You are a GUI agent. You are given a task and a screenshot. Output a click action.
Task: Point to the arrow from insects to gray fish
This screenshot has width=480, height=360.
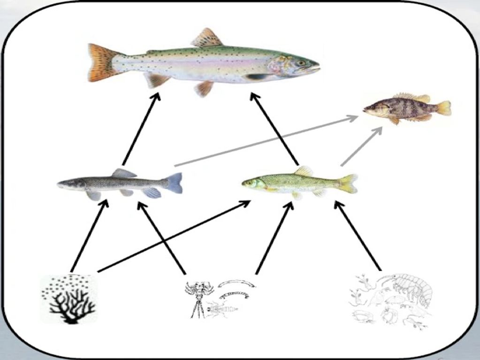[x=162, y=237]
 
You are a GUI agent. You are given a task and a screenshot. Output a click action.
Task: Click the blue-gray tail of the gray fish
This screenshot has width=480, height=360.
[x=174, y=183]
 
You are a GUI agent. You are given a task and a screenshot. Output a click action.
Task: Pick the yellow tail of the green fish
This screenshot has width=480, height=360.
[x=348, y=184]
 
